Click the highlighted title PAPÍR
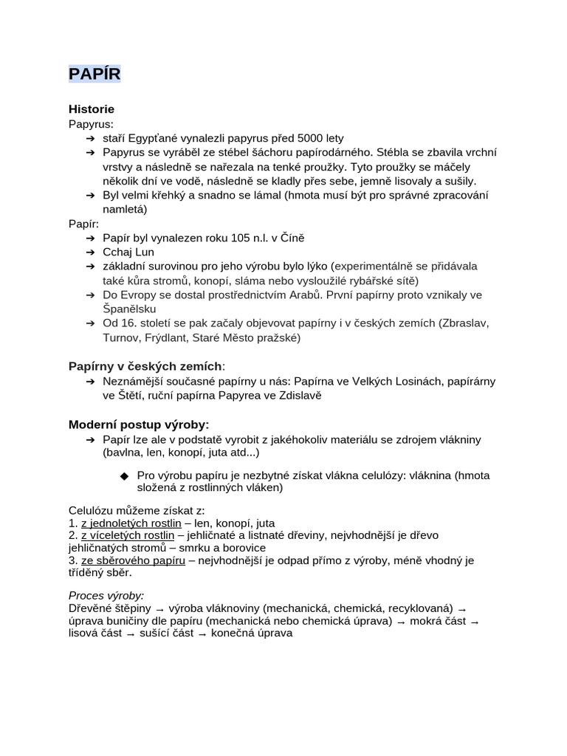(x=94, y=75)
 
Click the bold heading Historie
(x=92, y=109)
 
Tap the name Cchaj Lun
(x=128, y=252)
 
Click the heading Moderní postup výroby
(x=139, y=425)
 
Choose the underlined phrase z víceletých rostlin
(x=128, y=535)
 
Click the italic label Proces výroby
(x=106, y=595)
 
